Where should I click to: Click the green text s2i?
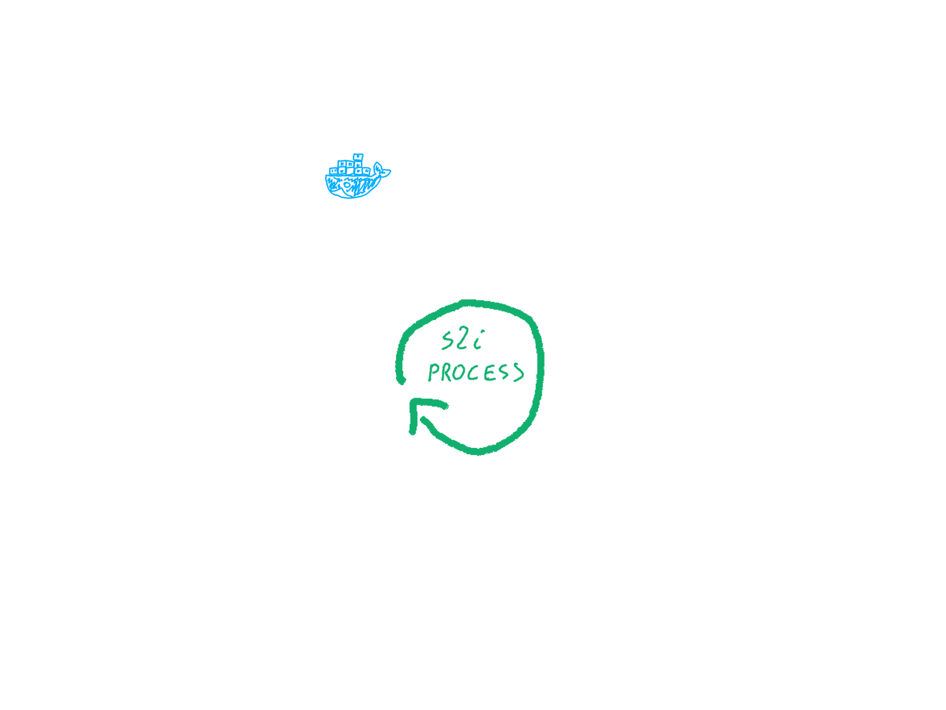462,341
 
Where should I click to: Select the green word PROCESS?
475,373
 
